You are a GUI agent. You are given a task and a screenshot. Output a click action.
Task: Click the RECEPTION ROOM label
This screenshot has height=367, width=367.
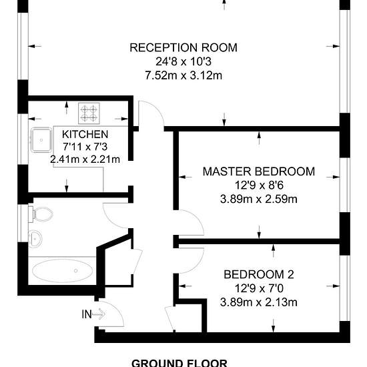pyautogui.click(x=183, y=47)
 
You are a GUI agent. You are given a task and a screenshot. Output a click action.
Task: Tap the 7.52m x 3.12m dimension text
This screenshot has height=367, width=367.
pyautogui.click(x=183, y=75)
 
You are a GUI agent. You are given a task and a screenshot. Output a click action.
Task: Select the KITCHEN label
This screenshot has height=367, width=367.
pyautogui.click(x=85, y=134)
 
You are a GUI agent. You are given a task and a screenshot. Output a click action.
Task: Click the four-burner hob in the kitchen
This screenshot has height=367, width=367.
pyautogui.click(x=89, y=113)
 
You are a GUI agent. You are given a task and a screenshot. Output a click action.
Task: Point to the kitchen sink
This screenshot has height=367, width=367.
pyautogui.click(x=41, y=140)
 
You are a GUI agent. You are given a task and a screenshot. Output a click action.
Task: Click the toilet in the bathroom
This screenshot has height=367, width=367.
pyautogui.click(x=41, y=214)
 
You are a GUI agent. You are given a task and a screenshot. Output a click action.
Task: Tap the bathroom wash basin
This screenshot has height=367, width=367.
pyautogui.click(x=35, y=239)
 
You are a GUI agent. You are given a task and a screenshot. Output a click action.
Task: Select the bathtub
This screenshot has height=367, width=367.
pyautogui.click(x=62, y=271)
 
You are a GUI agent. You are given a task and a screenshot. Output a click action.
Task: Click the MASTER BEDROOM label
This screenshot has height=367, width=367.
pyautogui.click(x=259, y=171)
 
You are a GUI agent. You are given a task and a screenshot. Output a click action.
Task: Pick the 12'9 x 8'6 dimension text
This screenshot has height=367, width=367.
pyautogui.click(x=259, y=186)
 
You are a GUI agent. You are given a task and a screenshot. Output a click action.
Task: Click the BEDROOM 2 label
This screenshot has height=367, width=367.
pyautogui.click(x=259, y=274)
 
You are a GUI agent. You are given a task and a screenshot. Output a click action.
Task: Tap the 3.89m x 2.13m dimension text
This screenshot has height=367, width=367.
pyautogui.click(x=259, y=302)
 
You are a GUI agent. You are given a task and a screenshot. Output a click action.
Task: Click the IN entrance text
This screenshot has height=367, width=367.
pyautogui.click(x=87, y=314)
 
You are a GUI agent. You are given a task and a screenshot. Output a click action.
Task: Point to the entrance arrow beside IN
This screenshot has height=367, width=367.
pyautogui.click(x=99, y=314)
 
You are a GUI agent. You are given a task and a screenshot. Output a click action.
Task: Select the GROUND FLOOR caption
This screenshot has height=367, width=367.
pyautogui.click(x=179, y=363)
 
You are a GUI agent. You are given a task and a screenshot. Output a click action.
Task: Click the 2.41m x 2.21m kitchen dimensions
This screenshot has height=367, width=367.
pyautogui.click(x=85, y=159)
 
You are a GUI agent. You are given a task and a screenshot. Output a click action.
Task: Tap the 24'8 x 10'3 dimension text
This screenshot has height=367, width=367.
pyautogui.click(x=183, y=62)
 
